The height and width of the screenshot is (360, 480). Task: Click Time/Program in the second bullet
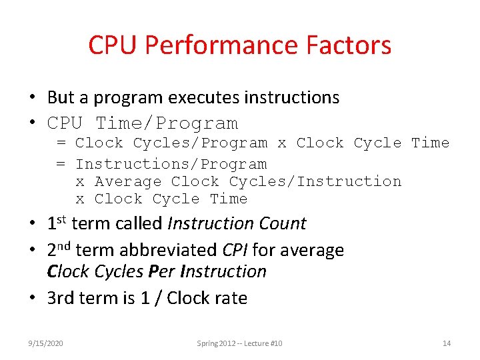pyautogui.click(x=167, y=123)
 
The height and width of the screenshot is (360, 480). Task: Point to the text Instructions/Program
pyautogui.click(x=171, y=164)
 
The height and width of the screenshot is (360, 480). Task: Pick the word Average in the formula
pyautogui.click(x=128, y=181)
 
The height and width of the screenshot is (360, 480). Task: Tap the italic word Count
pyautogui.click(x=281, y=223)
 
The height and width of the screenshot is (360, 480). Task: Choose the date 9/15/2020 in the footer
pyautogui.click(x=45, y=343)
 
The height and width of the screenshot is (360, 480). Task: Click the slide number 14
pyautogui.click(x=447, y=343)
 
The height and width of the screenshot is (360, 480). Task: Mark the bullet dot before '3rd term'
pyautogui.click(x=32, y=298)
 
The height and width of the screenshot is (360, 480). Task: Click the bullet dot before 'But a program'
pyautogui.click(x=32, y=97)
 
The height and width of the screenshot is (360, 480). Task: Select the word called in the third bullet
pyautogui.click(x=134, y=223)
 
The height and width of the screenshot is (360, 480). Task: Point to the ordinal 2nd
pyautogui.click(x=59, y=250)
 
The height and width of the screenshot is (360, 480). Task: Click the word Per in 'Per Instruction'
pyautogui.click(x=164, y=271)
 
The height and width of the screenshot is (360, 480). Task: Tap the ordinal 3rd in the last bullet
pyautogui.click(x=61, y=298)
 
